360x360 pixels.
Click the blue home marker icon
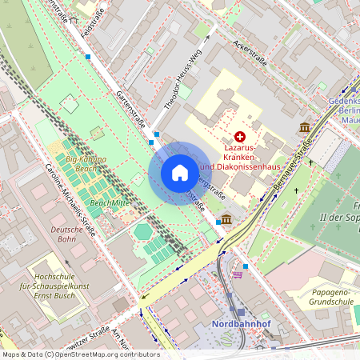180,173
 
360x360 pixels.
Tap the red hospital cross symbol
240,138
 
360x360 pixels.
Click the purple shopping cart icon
238,274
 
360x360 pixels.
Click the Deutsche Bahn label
67,234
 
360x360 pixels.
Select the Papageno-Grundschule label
330,298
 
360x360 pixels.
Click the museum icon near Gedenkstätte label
305,128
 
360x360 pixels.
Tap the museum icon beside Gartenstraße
227,219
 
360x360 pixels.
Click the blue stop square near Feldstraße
87,57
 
